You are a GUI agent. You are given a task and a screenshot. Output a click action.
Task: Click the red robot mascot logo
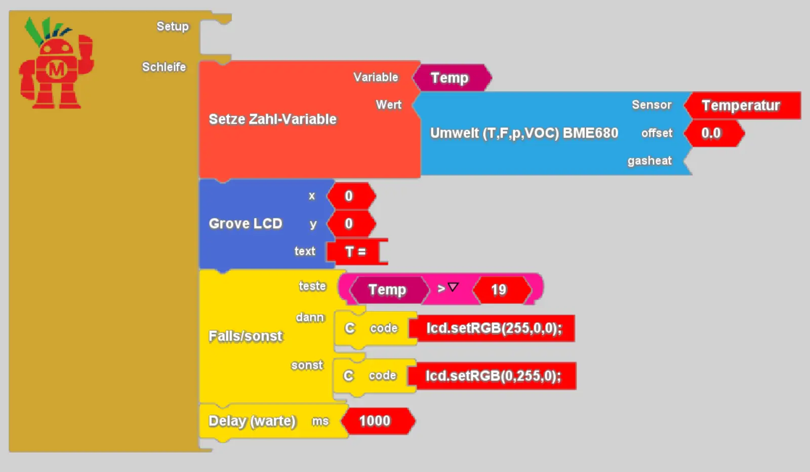point(56,63)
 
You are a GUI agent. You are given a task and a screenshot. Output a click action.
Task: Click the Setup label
point(173,26)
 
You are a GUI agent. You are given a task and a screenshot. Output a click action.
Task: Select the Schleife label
point(164,67)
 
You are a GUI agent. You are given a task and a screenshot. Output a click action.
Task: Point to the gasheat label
point(650,161)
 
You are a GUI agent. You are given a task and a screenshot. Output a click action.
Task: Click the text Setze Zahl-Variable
point(273,120)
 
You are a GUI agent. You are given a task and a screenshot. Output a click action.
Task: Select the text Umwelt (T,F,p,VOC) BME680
point(524,133)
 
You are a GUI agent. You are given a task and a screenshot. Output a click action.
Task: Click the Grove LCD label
point(245,223)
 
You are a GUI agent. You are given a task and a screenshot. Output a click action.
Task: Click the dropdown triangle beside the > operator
point(453,287)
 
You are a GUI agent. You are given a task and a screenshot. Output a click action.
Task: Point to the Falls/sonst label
point(245,336)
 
